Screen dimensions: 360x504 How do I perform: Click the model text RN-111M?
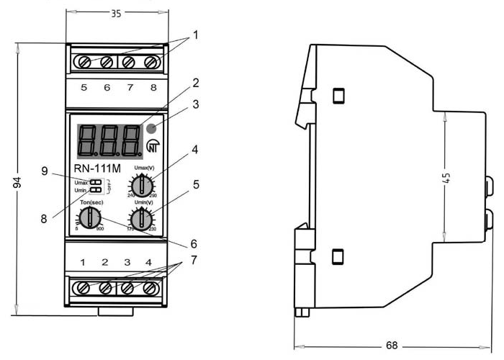click(94, 168)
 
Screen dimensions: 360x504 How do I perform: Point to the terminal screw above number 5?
click(84, 62)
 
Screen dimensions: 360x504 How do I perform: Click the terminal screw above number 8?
click(151, 62)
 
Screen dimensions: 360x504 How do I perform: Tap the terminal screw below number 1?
click(84, 288)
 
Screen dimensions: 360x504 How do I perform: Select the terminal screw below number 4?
click(150, 288)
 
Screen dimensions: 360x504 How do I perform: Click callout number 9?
click(44, 171)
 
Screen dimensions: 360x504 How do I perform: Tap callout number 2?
click(194, 85)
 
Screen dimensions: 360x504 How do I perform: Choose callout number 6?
click(192, 243)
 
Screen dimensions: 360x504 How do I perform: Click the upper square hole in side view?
click(338, 96)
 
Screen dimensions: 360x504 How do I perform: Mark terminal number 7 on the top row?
click(130, 88)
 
